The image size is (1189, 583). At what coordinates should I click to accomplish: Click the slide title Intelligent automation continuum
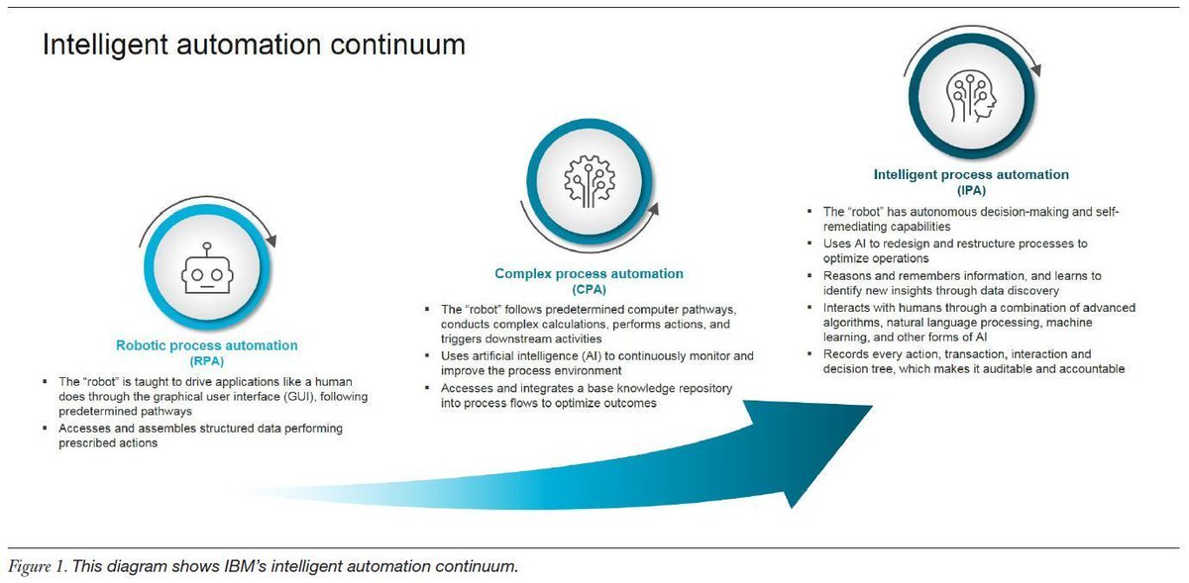(x=253, y=46)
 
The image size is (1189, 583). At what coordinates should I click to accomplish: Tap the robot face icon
(x=206, y=269)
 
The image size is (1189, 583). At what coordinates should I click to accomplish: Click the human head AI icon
(x=970, y=98)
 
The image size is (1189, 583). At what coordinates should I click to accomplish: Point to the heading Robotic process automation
(x=206, y=345)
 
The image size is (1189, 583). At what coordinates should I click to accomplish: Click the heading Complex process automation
(x=589, y=274)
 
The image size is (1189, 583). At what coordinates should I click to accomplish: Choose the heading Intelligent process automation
(x=970, y=175)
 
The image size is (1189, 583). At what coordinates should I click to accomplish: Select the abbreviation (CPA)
(x=589, y=289)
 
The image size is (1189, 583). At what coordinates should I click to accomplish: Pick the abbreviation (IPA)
(x=970, y=190)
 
